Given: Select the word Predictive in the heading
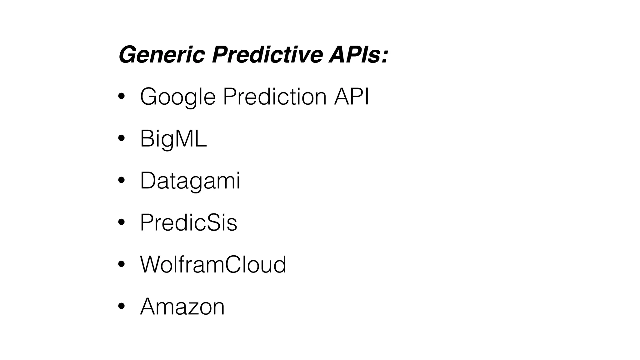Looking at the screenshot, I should tap(267, 55).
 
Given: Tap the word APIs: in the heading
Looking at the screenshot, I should tap(358, 55).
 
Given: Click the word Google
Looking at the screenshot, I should tap(177, 97).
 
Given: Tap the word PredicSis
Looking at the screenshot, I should tap(188, 222).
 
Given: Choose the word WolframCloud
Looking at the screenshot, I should tap(213, 264).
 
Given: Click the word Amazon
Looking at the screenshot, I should tap(182, 307).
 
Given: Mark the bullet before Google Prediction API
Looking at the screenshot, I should tap(121, 97).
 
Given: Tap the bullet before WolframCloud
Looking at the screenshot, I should tap(121, 264).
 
